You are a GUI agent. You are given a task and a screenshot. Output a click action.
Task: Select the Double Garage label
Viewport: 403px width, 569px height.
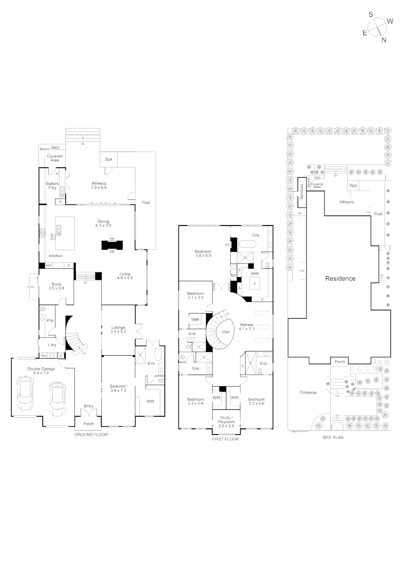[x=33, y=370]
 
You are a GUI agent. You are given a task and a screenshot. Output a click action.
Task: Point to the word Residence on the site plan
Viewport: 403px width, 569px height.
[x=340, y=279]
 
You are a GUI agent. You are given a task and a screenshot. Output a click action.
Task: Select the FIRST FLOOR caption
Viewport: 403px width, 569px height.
[x=225, y=438]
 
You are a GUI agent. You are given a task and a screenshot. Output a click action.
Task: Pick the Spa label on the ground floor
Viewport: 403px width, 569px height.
[x=109, y=159]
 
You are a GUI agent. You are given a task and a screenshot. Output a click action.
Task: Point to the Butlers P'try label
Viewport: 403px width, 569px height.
[x=52, y=185]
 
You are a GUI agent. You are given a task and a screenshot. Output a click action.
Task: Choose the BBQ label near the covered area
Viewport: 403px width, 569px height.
[x=54, y=149]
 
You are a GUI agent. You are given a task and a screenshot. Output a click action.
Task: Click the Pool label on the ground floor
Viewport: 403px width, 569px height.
[x=146, y=202]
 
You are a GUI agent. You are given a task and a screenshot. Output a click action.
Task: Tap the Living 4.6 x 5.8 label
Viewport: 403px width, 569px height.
[x=125, y=276]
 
